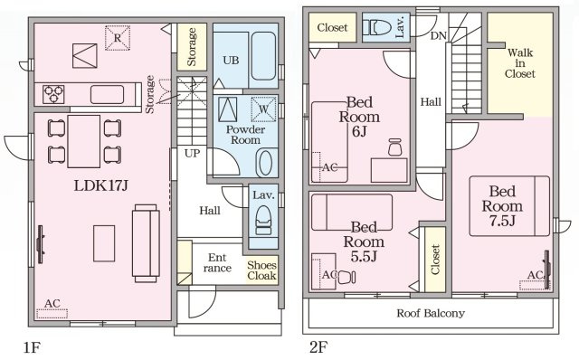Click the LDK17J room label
point(100,185)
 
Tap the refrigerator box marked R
point(118,38)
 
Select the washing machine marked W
point(263,109)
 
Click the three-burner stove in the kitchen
point(53,94)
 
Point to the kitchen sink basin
point(107,95)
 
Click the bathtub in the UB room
point(263,56)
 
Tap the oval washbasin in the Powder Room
point(265,163)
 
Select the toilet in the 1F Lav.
point(263,220)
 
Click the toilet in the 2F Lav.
point(377,27)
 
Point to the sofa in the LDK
point(146,243)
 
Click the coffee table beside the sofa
point(104,243)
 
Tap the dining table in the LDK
point(84,141)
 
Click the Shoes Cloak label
point(261,270)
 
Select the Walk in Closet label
point(519,63)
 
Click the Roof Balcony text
point(431,314)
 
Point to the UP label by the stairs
point(192,153)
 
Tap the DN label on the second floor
point(439,36)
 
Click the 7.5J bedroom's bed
point(509,206)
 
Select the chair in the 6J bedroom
point(394,147)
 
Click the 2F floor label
point(318,347)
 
